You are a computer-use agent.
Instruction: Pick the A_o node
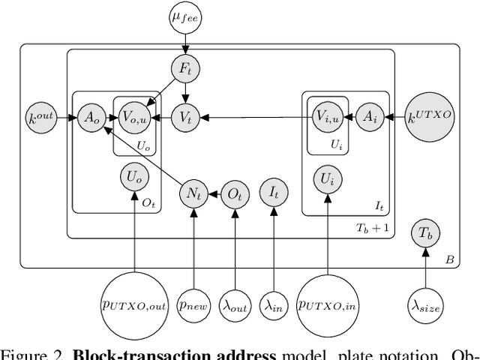91,116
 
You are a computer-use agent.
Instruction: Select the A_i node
369,116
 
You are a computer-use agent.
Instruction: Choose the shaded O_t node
235,194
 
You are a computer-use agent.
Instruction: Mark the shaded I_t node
274,194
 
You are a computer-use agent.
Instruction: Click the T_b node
425,233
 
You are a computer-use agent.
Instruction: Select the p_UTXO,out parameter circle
134,305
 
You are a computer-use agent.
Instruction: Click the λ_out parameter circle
235,306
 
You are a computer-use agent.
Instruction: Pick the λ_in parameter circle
274,306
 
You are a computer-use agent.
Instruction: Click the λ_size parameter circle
425,306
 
